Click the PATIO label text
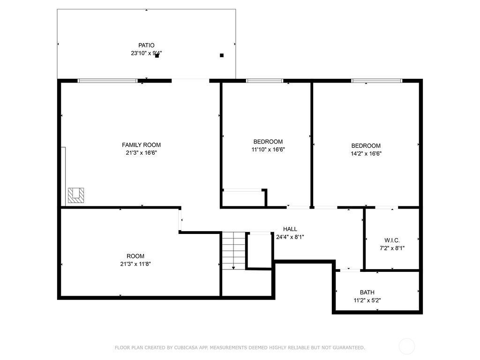[x=146, y=45]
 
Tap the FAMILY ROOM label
[x=141, y=145]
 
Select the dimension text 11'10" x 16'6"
[x=268, y=150]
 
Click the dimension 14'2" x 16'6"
[x=366, y=153]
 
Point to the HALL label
[x=290, y=229]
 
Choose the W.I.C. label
[x=392, y=240]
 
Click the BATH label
[x=367, y=292]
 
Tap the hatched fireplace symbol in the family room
[x=76, y=195]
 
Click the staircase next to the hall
[x=233, y=251]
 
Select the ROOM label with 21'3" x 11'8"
[x=135, y=256]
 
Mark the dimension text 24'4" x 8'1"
[x=290, y=237]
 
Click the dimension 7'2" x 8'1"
[x=392, y=248]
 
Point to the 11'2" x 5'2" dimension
[x=367, y=300]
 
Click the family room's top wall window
[x=107, y=81]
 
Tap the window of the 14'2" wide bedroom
[x=377, y=81]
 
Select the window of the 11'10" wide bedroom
[x=265, y=81]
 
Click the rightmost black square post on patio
[x=222, y=55]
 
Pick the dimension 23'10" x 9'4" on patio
[x=146, y=53]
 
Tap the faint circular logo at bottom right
[x=406, y=346]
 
